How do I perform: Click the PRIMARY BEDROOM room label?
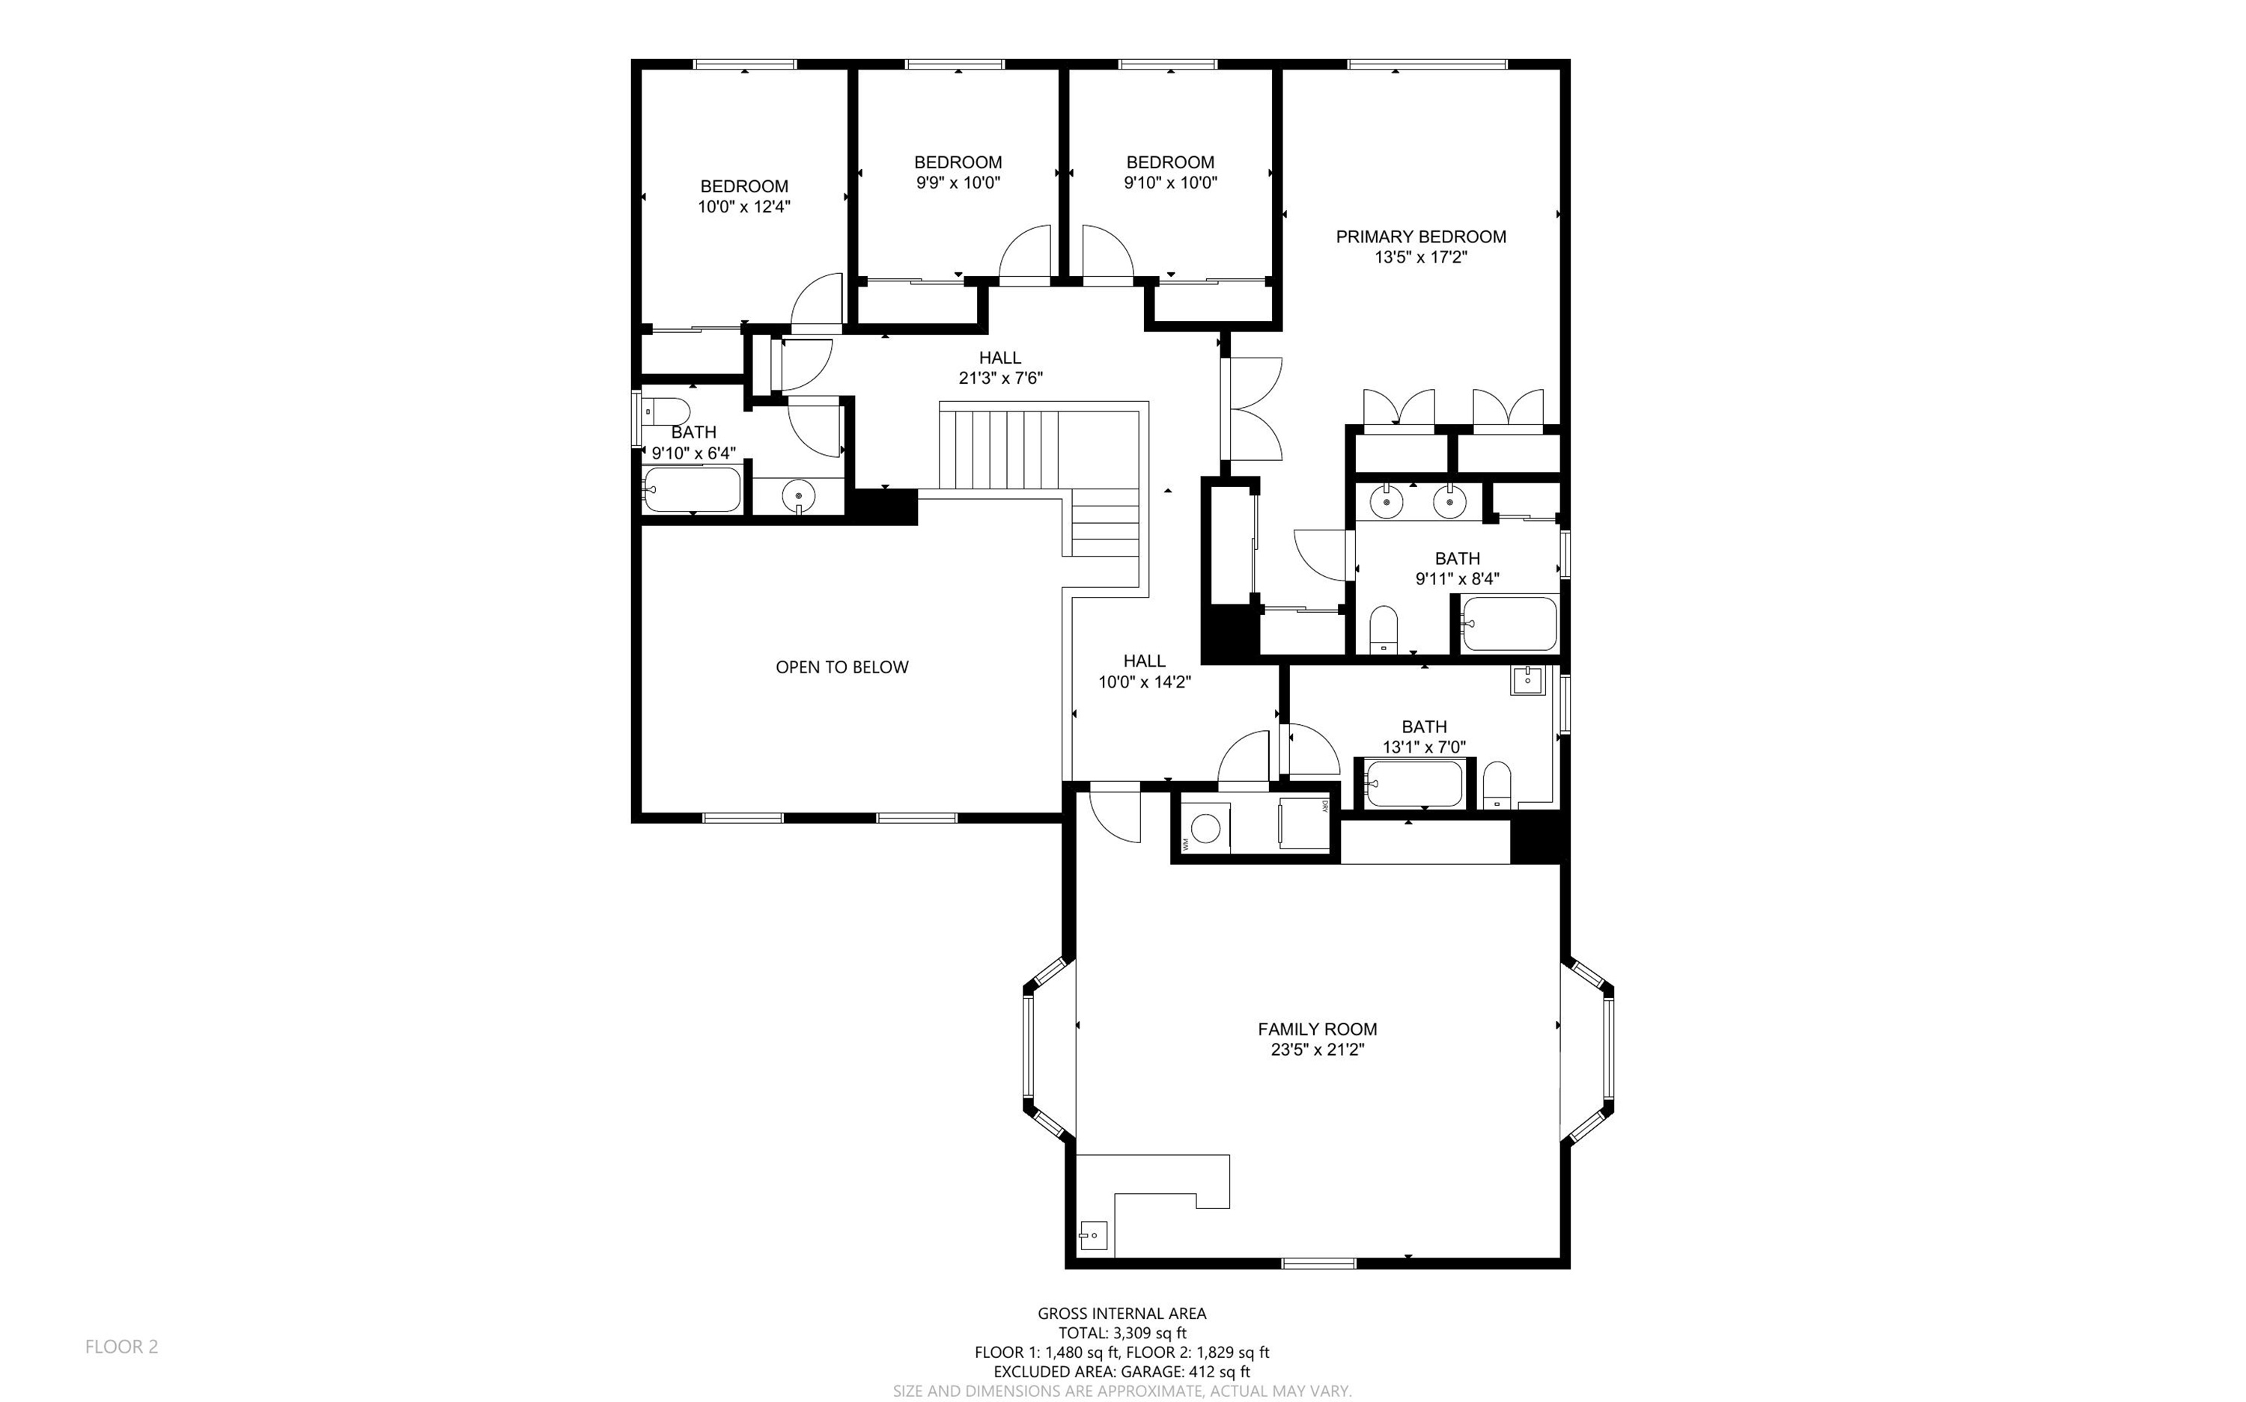[1420, 236]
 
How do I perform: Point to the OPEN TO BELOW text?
[842, 667]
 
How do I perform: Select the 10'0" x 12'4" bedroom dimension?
[744, 206]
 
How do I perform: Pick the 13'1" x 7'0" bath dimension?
[1424, 747]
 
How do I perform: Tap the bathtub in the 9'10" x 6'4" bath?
[692, 489]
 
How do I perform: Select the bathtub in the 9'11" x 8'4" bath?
[1509, 624]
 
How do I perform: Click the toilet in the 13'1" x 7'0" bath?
[1497, 786]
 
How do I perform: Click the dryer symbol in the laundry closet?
[1304, 822]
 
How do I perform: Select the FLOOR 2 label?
[121, 1347]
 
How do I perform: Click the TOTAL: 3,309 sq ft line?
[1122, 1333]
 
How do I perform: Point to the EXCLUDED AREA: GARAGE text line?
[1122, 1372]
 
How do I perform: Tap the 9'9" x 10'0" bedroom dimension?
[958, 183]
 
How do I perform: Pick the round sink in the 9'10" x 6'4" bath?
[798, 497]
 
